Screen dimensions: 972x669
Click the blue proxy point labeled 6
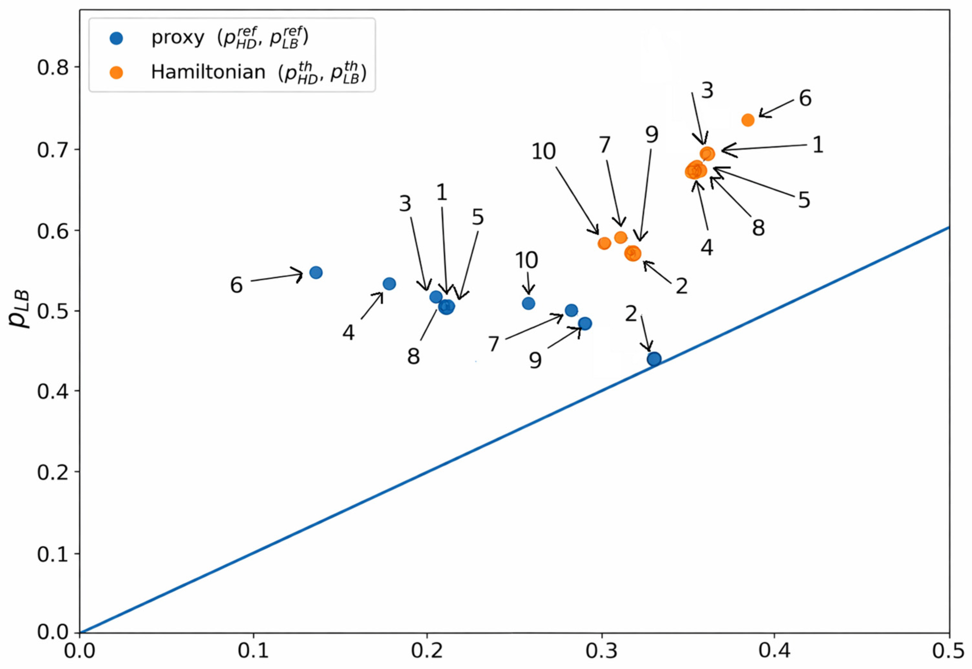[316, 272]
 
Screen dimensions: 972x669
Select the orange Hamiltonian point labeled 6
[748, 120]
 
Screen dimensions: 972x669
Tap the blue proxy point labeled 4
[389, 284]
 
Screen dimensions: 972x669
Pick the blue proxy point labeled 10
[529, 303]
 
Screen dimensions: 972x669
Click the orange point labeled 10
[604, 243]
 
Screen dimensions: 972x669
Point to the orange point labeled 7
[621, 237]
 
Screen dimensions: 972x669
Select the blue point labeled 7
[571, 310]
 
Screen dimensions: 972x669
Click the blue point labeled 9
[585, 323]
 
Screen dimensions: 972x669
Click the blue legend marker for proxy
[116, 39]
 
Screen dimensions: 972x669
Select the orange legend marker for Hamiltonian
[116, 72]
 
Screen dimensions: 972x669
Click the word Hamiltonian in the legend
[208, 72]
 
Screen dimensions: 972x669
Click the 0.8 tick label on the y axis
[52, 68]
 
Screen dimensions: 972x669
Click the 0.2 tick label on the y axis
[52, 472]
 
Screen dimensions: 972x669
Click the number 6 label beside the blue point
[236, 285]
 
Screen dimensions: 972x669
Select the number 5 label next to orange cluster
[804, 200]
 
